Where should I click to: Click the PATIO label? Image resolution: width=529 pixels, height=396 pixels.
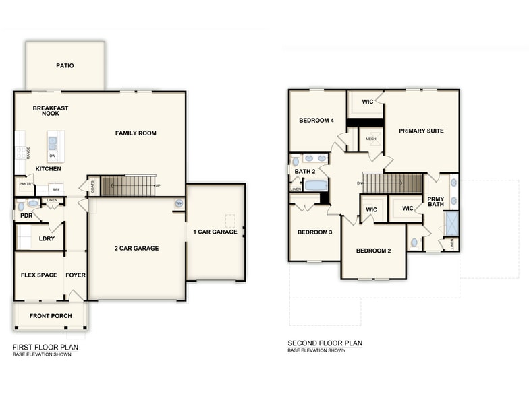click(65, 66)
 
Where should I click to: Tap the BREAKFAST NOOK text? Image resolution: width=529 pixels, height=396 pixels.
click(51, 111)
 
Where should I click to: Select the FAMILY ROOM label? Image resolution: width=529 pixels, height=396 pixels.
click(136, 133)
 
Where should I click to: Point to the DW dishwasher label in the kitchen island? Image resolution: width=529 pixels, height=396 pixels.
click(53, 156)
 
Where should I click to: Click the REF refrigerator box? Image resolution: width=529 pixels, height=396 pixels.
click(55, 190)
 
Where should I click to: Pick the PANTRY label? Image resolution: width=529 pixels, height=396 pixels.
click(26, 184)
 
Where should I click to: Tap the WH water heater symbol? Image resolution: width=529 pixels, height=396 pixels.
click(179, 203)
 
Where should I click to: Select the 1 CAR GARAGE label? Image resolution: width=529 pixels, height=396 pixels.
click(215, 232)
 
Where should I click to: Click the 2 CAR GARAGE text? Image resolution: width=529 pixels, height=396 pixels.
click(136, 249)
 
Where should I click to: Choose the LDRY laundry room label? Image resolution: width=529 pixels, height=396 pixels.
click(47, 239)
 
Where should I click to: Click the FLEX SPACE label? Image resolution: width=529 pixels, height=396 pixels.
click(38, 275)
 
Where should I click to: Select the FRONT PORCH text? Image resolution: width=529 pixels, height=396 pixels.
click(51, 316)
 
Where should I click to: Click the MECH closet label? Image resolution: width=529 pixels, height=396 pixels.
click(371, 139)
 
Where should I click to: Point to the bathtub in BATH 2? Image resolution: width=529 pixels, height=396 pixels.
click(315, 185)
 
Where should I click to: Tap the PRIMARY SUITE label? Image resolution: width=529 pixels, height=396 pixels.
click(421, 131)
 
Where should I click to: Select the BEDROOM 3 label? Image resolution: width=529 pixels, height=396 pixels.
click(315, 233)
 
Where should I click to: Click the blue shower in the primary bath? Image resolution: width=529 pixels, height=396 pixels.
click(451, 223)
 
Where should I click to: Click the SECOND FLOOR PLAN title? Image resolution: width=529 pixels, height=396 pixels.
click(325, 343)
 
